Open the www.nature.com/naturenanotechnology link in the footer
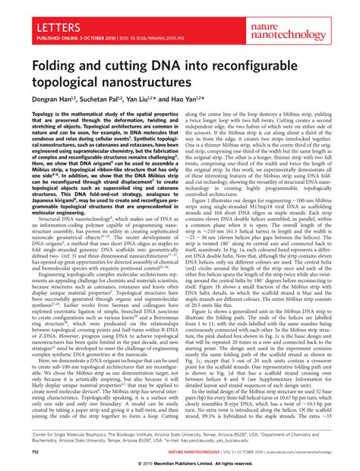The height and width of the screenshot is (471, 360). (296, 452)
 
